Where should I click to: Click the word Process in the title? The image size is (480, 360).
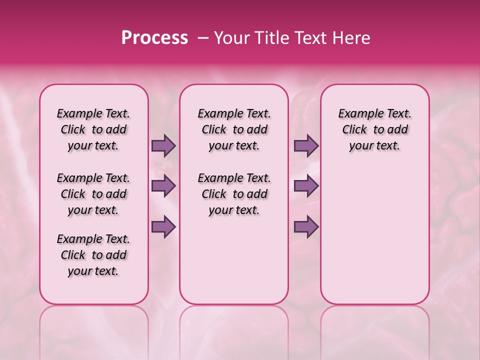tap(154, 38)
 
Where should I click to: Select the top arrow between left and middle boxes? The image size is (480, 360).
tap(163, 146)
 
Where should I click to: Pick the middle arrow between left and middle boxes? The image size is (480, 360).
tap(163, 186)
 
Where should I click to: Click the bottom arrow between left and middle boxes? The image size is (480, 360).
tap(163, 227)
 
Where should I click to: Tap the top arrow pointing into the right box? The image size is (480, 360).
tap(306, 146)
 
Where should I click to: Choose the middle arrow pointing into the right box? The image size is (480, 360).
tap(306, 186)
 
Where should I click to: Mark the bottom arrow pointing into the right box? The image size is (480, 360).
tap(306, 227)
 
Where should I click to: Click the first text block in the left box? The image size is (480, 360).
tap(93, 129)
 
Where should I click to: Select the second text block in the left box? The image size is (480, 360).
tap(93, 194)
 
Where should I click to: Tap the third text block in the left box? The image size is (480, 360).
tap(93, 255)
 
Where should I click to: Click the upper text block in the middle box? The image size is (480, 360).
tap(234, 129)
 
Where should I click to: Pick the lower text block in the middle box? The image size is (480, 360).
tap(234, 194)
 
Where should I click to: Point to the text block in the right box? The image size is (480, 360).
tap(374, 129)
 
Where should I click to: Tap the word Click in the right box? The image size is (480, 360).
tap(354, 130)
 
